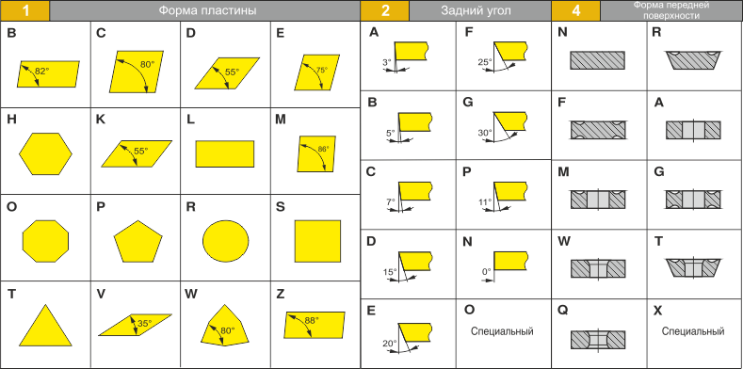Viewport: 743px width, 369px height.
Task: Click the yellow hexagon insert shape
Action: coord(45,154)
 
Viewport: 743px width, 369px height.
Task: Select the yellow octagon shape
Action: coord(45,241)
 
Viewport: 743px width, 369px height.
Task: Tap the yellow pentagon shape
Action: coord(137,241)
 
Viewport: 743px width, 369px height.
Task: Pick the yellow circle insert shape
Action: coord(226,241)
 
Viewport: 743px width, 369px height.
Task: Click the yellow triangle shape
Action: coord(45,325)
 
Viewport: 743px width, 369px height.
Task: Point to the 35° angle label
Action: coord(144,324)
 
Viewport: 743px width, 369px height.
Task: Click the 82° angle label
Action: coord(42,72)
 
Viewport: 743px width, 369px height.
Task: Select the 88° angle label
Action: coord(312,320)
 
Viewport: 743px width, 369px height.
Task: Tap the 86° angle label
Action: coord(323,149)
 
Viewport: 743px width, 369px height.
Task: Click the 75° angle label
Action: coord(322,70)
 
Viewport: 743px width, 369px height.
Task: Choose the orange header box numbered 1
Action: coord(24,10)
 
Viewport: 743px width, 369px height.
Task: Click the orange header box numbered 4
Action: coord(575,10)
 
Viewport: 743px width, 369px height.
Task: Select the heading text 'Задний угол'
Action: coord(476,10)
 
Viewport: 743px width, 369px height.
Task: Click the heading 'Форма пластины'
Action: coord(207,10)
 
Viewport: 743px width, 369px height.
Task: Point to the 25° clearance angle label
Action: coord(485,61)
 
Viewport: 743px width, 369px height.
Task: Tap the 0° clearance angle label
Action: coord(486,272)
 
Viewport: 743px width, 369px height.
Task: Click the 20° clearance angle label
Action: coord(390,344)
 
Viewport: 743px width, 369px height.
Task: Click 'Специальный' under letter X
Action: coord(693,331)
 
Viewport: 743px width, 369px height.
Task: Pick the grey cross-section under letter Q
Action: coord(598,340)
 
